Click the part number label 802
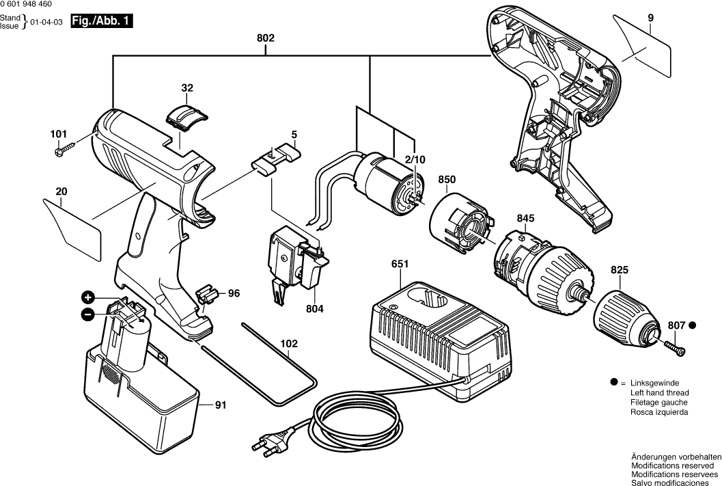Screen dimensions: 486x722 coord(266,38)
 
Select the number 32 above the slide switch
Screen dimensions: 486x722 coord(187,88)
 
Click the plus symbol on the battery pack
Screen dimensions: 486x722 coord(88,297)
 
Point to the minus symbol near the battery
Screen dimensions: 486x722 coord(88,314)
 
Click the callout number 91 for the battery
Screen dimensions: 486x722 coord(220,405)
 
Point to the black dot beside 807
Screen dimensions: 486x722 coord(692,325)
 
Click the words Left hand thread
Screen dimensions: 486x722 coord(660,393)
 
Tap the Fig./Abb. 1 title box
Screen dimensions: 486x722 coord(102,22)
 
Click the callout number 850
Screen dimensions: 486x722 coord(447,180)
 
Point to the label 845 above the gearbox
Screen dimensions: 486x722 coord(525,219)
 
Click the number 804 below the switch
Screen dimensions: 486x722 coord(315,308)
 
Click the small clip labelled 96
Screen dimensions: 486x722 coord(207,295)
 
